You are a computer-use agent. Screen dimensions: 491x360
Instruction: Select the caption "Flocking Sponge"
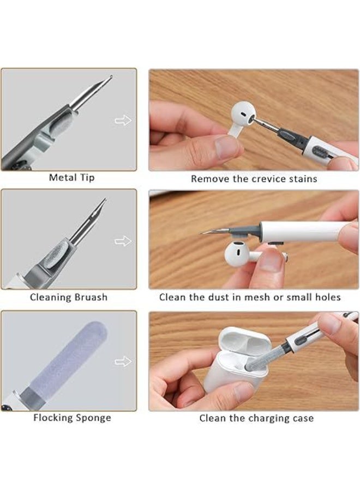[x=72, y=418]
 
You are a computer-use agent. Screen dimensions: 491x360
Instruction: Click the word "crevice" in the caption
[x=262, y=178]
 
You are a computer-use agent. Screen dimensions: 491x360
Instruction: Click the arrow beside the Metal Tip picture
[x=123, y=120]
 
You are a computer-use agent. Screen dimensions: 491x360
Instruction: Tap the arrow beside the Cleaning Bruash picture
[x=123, y=241]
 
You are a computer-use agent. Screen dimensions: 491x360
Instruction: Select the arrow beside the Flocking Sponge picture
[x=123, y=361]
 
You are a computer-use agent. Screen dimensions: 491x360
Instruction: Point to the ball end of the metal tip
[x=111, y=77]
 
